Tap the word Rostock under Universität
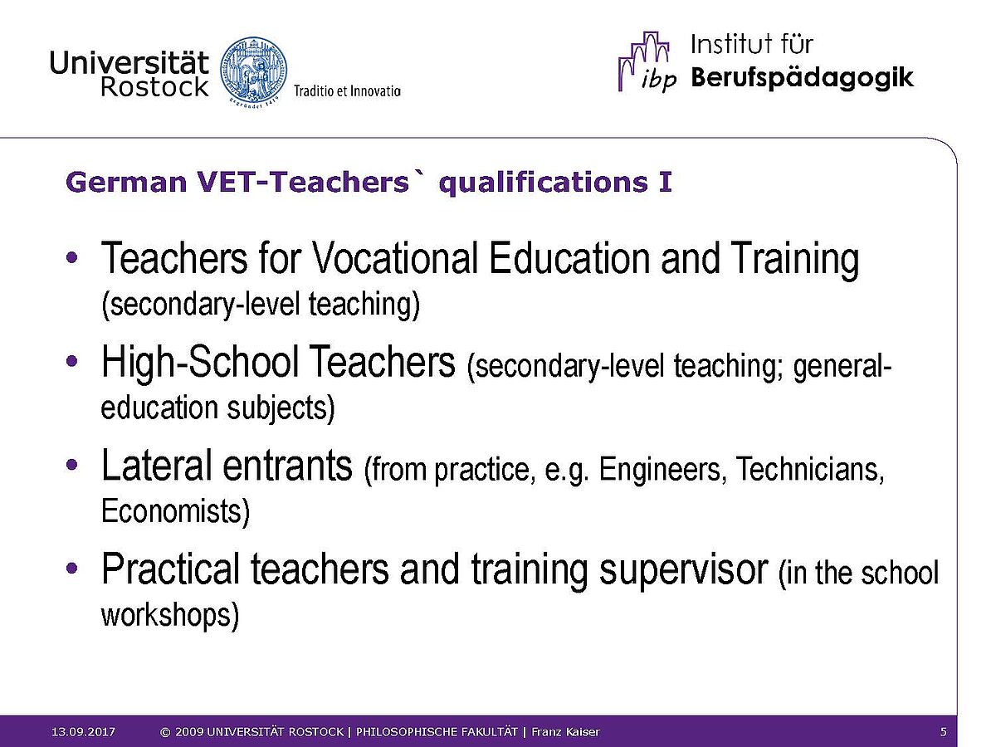154,86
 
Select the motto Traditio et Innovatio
347,91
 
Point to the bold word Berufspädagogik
802,77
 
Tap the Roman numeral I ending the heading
666,183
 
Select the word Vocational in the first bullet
395,258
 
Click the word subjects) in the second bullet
281,408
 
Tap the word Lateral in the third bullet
157,465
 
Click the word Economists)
175,511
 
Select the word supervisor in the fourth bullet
684,570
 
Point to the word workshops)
169,616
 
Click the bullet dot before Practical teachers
71,569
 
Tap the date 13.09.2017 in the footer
83,731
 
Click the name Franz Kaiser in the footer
565,731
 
